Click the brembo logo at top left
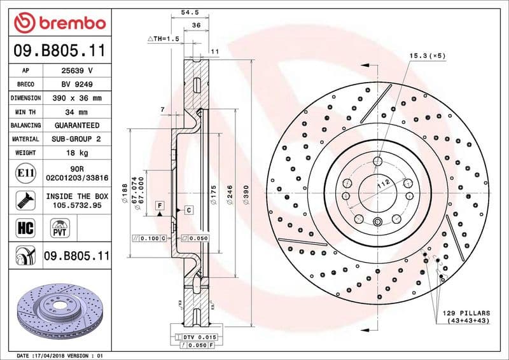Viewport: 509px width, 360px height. tap(59, 23)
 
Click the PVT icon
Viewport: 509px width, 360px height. tap(59, 228)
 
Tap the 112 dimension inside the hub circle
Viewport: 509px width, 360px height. tap(383, 184)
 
